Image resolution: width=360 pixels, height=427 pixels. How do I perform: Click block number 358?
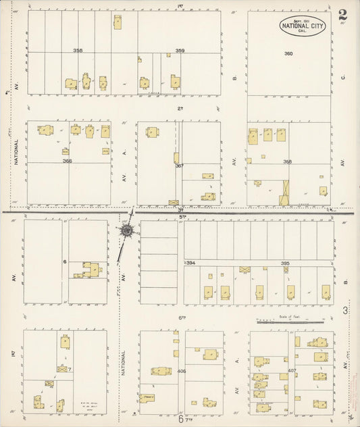click(78, 51)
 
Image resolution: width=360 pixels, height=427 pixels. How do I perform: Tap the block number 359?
click(180, 51)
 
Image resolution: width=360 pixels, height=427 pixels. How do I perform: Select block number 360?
click(288, 53)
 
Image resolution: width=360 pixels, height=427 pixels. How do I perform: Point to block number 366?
click(67, 161)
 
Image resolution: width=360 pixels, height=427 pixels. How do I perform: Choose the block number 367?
click(179, 166)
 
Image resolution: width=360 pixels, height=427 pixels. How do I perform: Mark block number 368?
click(288, 161)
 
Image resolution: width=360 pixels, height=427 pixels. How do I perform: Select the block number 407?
click(292, 371)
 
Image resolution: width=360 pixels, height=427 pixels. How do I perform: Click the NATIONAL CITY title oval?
click(302, 26)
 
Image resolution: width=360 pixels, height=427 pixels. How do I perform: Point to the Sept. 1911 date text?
click(302, 19)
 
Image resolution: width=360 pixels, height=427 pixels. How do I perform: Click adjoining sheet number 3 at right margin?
click(344, 310)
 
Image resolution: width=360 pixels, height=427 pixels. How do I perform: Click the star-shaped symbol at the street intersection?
click(127, 230)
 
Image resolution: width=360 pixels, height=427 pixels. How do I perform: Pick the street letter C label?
click(343, 77)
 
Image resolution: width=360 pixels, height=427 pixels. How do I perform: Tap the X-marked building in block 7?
click(63, 369)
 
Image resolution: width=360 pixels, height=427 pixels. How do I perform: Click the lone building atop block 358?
click(118, 22)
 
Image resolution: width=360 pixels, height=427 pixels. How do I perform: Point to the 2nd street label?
click(180, 108)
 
